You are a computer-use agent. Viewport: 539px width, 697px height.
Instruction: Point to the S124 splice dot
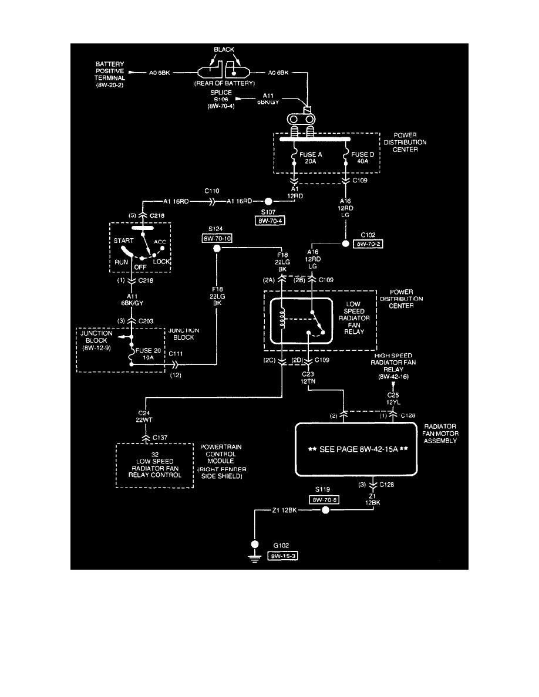point(217,249)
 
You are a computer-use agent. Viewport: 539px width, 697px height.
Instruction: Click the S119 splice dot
point(326,510)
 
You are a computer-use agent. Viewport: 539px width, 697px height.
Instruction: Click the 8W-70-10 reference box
point(217,239)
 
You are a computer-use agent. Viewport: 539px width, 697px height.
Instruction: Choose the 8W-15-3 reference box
point(282,555)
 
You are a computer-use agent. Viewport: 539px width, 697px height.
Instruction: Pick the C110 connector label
point(212,191)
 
